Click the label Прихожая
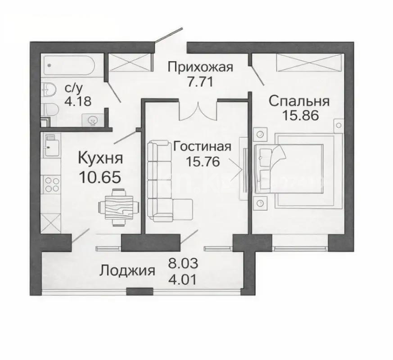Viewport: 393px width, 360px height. click(x=200, y=67)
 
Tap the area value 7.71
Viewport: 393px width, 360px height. click(x=200, y=82)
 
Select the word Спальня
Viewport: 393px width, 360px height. click(x=299, y=101)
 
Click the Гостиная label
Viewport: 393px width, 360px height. click(x=202, y=147)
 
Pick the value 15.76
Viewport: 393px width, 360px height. click(x=202, y=162)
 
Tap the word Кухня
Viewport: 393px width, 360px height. click(x=100, y=158)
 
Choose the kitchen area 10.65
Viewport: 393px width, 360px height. click(x=100, y=176)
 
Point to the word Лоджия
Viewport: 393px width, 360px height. click(x=127, y=271)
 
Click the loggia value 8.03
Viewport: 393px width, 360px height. click(x=183, y=263)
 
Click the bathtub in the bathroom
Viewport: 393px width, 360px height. click(x=70, y=66)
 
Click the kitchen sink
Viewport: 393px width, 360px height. click(x=52, y=144)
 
